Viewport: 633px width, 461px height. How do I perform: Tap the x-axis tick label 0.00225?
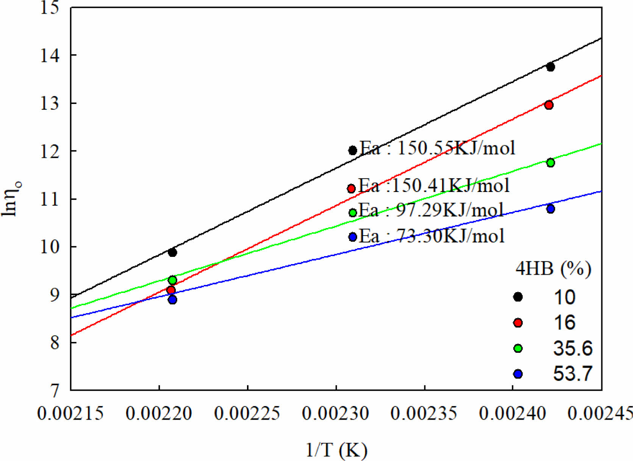(247, 413)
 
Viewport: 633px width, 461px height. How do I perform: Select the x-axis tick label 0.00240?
(512, 413)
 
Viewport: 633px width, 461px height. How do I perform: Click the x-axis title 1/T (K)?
(336, 450)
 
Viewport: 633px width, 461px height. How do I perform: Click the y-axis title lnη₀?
(11, 198)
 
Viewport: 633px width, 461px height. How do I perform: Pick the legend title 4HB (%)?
(553, 269)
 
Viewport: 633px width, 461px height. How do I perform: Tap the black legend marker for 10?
(518, 297)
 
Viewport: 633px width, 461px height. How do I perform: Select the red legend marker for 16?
(518, 323)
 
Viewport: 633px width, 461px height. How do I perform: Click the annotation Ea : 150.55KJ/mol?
(437, 148)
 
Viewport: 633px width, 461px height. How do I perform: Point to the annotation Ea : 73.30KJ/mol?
(431, 236)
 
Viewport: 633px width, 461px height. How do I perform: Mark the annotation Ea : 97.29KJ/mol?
(431, 210)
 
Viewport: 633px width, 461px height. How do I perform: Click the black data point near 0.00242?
(550, 67)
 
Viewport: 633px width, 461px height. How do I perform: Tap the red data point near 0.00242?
(549, 105)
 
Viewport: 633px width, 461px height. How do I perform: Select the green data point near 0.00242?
(550, 163)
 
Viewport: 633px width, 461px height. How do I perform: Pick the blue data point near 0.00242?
(550, 209)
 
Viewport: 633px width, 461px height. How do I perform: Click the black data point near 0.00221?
(172, 252)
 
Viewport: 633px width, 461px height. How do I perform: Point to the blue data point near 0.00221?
(172, 300)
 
